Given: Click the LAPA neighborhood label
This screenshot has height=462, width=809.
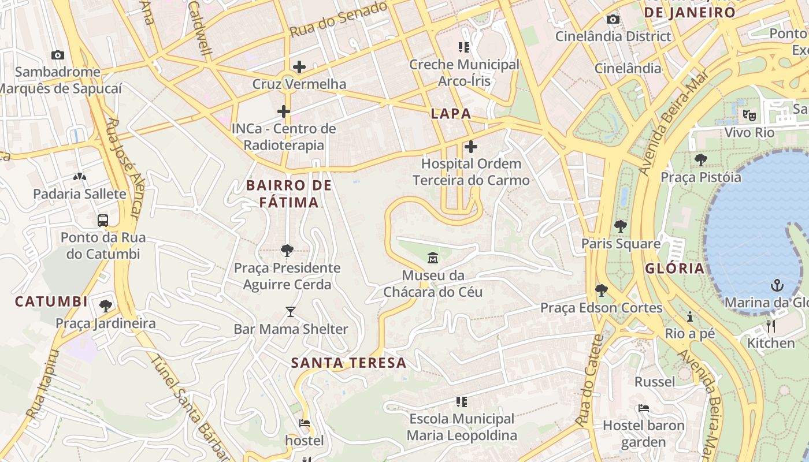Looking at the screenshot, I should pos(451,114).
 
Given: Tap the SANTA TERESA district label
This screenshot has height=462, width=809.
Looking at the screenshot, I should pos(348,363).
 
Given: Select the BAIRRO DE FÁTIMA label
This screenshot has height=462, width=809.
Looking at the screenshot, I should pos(289,193).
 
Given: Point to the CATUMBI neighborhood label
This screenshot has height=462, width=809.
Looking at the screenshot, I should pos(51,301).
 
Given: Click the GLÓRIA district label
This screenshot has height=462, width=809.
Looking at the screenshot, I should pos(674,268).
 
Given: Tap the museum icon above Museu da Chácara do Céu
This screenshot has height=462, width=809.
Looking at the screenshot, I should pos(432,257).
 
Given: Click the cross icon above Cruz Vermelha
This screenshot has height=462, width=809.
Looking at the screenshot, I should pos(299,67).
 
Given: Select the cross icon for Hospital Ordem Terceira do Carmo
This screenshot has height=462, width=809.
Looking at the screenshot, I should pos(471,147).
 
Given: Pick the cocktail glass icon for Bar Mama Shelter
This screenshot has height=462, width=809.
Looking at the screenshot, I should pos(290,312).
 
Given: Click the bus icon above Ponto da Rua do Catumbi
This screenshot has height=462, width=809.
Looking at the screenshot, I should pos(103,220).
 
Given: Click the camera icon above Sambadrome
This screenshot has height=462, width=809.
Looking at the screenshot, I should pos(57,55).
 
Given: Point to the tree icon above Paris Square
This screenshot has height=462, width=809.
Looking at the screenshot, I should pos(621,226).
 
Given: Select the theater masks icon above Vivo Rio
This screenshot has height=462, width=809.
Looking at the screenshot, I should pos(749,115).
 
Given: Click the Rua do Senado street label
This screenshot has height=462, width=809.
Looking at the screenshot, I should pos(338,20).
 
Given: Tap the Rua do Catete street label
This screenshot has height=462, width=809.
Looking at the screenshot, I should pos(589,381).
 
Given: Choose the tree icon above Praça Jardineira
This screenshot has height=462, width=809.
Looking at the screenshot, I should pos(105,305).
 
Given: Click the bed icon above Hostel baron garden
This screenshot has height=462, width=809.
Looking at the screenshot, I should pos(643,408).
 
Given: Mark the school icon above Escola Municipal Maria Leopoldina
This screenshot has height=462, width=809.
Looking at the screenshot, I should pos(461,401).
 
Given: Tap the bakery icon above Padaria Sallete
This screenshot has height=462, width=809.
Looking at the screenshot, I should pos(79,176).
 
